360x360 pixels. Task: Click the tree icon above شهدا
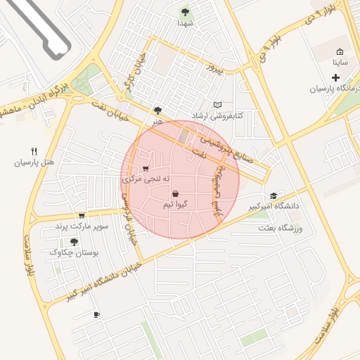pos(185,12)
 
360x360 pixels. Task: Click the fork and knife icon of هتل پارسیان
pos(34,151)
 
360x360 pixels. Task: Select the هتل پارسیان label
pos(34,162)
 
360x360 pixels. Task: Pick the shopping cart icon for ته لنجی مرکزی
pos(146,169)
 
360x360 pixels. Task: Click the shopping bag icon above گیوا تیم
pos(174,193)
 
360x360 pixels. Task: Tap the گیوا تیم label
pos(174,205)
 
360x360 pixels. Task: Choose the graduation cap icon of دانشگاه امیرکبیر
pos(274,195)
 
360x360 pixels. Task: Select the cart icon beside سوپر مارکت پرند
pos(82,215)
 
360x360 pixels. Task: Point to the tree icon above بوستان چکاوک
pos(74,242)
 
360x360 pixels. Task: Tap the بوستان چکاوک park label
pos(74,252)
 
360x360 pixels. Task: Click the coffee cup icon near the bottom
pos(96,314)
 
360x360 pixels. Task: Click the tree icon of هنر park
pos(157,110)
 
